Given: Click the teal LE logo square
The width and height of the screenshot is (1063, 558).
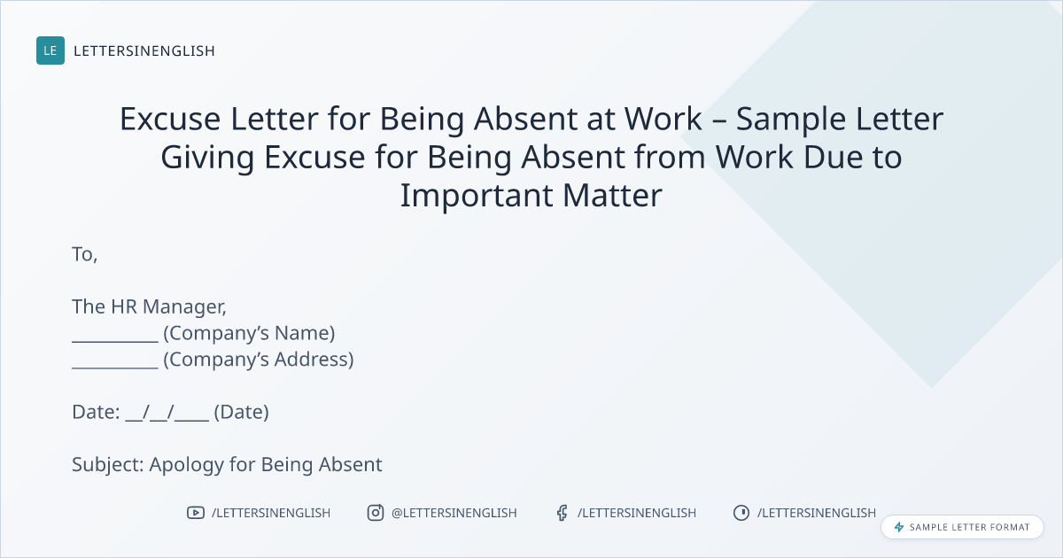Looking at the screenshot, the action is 50,50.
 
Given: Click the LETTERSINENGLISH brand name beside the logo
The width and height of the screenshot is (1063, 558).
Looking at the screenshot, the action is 144,50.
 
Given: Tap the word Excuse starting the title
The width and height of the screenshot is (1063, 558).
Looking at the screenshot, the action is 170,119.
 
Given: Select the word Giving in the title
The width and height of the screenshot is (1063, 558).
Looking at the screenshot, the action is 207,159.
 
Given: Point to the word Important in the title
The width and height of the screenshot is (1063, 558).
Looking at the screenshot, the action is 477,197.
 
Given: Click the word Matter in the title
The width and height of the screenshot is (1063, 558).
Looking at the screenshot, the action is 612,196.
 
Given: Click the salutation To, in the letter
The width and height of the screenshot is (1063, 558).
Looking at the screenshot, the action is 85,254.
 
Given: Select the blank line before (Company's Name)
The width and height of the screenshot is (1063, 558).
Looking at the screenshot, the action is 115,341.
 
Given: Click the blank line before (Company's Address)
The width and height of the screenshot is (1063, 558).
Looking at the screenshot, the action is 115,368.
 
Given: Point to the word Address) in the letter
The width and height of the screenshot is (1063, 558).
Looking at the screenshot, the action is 314,360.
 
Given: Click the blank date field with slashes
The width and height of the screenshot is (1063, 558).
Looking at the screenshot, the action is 167,413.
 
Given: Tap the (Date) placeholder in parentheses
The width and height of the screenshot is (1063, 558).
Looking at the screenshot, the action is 242,413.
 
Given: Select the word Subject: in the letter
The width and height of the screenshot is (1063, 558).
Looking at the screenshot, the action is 108,465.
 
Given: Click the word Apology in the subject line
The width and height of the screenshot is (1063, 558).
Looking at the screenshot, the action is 187,465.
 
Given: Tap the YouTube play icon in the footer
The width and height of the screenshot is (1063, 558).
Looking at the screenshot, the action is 196,513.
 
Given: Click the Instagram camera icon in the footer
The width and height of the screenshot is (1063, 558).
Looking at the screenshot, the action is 376,513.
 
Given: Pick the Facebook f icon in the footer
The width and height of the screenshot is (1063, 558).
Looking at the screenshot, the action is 562,513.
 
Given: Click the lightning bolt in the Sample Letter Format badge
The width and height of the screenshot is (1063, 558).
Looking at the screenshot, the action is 899,527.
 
